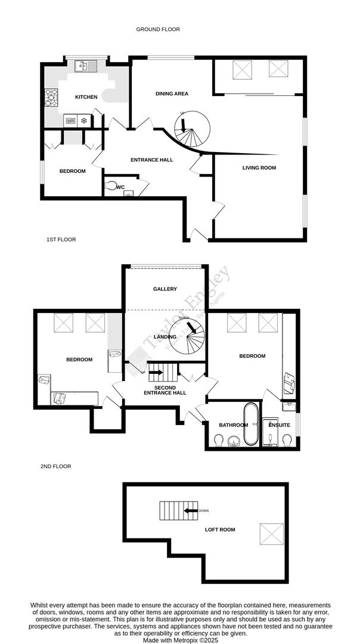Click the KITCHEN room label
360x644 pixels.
pyautogui.click(x=86, y=97)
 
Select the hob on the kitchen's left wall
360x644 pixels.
pyautogui.click(x=50, y=97)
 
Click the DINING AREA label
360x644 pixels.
pyautogui.click(x=172, y=94)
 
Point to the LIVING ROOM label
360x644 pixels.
pyautogui.click(x=259, y=168)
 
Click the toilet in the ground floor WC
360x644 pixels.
pyautogui.click(x=110, y=186)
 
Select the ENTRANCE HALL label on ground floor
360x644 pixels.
pyautogui.click(x=152, y=159)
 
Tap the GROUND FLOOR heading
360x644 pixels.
pyautogui.click(x=157, y=29)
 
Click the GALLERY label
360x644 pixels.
pyautogui.click(x=165, y=289)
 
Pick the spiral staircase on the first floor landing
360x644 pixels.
pyautogui.click(x=187, y=336)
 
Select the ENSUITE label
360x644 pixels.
pyautogui.click(x=279, y=425)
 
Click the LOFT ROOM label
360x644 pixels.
pyautogui.click(x=220, y=529)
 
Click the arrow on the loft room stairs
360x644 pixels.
pyautogui.click(x=191, y=510)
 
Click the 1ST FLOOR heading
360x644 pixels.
pyautogui.click(x=61, y=239)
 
